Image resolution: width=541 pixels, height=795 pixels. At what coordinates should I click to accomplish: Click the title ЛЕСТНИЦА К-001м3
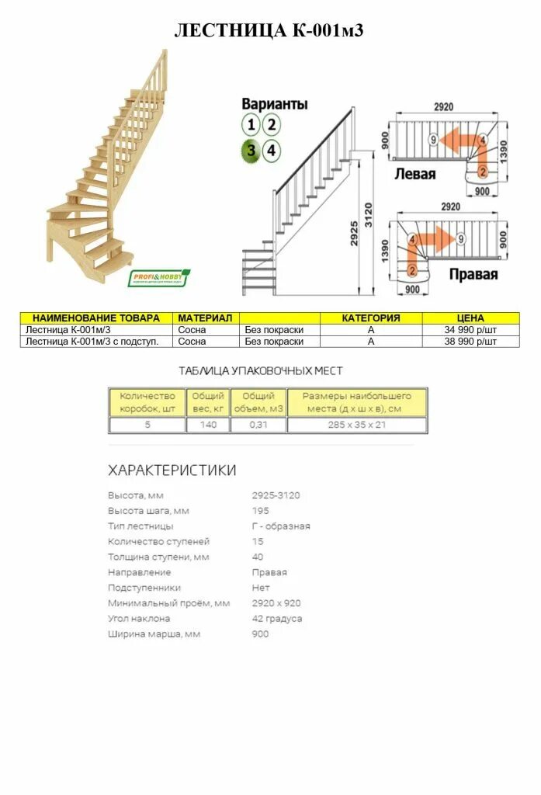(x=269, y=31)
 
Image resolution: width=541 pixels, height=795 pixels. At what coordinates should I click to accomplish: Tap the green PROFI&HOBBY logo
(x=159, y=278)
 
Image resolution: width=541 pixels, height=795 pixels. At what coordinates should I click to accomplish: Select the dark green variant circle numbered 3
(x=251, y=151)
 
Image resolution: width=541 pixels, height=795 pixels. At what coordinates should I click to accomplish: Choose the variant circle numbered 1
(x=251, y=124)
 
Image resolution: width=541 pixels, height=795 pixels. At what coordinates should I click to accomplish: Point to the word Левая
(x=415, y=173)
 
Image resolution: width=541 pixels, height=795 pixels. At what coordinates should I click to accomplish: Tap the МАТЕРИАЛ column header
(x=205, y=318)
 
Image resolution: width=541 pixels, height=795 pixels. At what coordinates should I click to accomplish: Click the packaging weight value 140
(x=207, y=425)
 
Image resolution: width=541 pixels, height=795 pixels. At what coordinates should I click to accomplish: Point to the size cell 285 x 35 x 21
(x=356, y=425)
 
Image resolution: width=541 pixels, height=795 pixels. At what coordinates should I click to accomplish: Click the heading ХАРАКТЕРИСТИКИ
(x=172, y=470)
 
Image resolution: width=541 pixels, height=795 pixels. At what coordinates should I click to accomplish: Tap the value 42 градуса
(x=277, y=619)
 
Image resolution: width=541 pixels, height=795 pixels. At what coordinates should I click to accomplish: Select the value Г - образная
(x=281, y=526)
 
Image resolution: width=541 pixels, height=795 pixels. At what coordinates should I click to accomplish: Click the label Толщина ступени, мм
(x=158, y=557)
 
